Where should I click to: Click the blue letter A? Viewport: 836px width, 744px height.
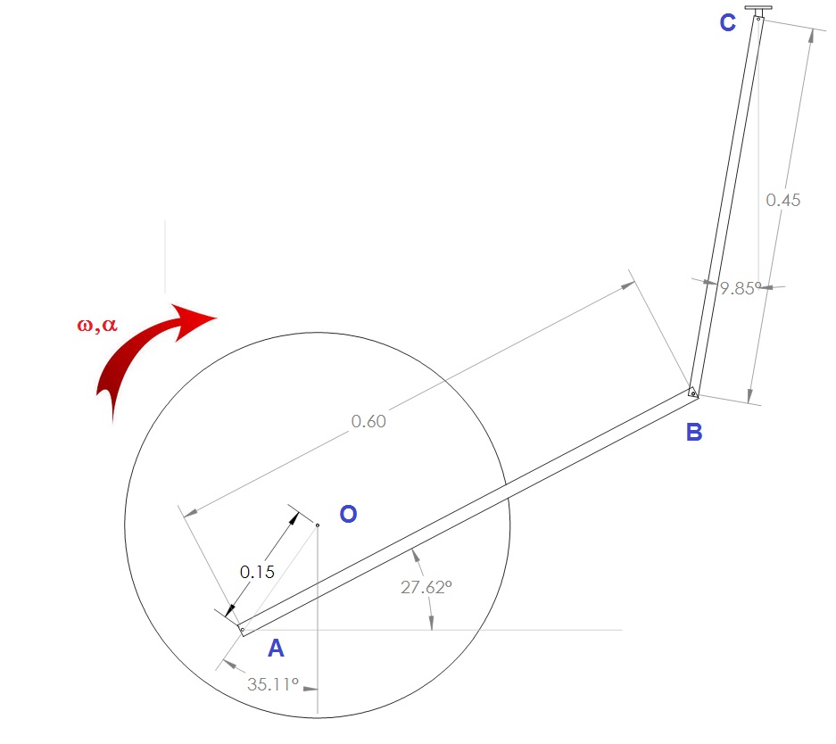tap(276, 648)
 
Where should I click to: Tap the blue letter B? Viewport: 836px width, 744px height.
tap(694, 432)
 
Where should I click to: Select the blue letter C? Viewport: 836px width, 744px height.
tap(728, 23)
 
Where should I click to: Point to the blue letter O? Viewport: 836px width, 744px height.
tap(348, 514)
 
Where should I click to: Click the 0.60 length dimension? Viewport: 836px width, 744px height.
tap(368, 422)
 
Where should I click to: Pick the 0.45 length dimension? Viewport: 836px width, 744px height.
tap(783, 201)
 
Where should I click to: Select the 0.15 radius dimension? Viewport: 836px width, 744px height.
tap(257, 573)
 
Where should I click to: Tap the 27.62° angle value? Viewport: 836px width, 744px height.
tap(426, 587)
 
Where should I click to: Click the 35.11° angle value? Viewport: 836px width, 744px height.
tap(272, 684)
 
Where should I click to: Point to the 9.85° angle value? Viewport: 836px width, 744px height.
tap(741, 288)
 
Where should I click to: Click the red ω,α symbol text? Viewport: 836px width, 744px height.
tap(97, 325)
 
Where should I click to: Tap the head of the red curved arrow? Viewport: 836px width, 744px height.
tap(195, 319)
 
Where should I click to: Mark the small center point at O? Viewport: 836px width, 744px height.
tap(318, 525)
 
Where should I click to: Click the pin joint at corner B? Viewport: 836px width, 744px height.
tap(693, 393)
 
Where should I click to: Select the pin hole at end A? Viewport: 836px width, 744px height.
tap(243, 630)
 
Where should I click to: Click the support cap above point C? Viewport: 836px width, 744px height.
tap(758, 8)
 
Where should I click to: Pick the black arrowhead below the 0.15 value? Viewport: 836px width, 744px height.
tap(230, 611)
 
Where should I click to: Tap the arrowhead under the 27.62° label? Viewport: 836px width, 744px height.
tap(431, 623)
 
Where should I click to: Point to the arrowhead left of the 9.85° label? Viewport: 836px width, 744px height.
tap(710, 283)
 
